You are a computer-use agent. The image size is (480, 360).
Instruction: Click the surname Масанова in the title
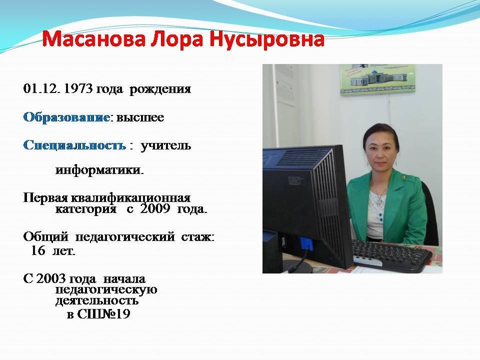pyautogui.click(x=93, y=39)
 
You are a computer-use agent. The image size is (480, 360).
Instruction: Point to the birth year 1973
pyautogui.click(x=78, y=89)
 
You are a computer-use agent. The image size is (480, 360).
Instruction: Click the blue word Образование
pyautogui.click(x=66, y=117)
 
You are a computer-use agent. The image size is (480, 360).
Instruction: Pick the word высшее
pyautogui.click(x=140, y=117)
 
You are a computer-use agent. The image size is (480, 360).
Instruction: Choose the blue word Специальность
pyautogui.click(x=74, y=145)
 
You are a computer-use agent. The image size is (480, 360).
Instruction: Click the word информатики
pyautogui.click(x=99, y=169)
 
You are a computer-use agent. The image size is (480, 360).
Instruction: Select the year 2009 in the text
pyautogui.click(x=155, y=209)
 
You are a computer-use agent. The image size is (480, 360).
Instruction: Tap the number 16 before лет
pyautogui.click(x=38, y=250)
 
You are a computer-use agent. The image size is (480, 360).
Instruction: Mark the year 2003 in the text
pyautogui.click(x=51, y=279)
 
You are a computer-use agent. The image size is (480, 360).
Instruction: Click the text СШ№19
pyautogui.click(x=103, y=314)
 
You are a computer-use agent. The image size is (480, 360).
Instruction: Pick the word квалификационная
pyautogui.click(x=130, y=198)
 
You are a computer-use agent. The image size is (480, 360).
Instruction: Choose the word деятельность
pyautogui.click(x=96, y=301)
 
